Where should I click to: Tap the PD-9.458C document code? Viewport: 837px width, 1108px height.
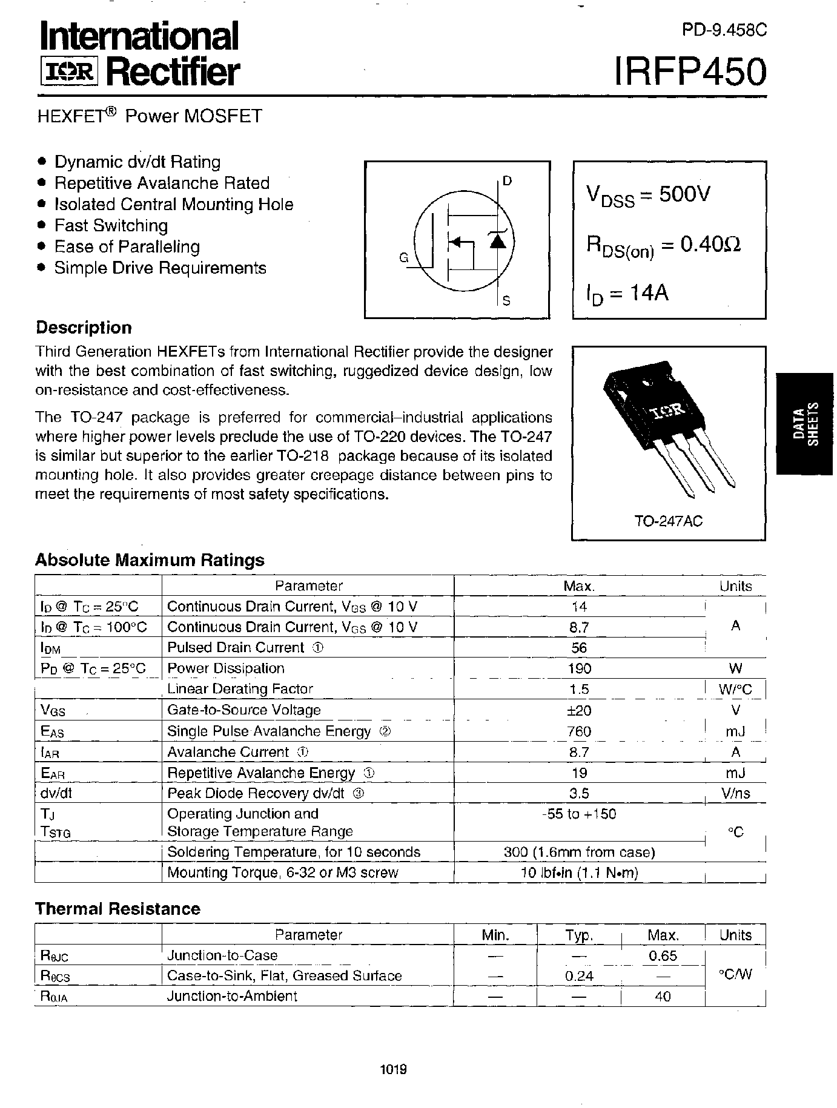pyautogui.click(x=724, y=30)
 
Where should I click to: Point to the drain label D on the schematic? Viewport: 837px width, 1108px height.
pyautogui.click(x=507, y=180)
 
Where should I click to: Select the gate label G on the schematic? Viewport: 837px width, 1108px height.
pyautogui.click(x=404, y=258)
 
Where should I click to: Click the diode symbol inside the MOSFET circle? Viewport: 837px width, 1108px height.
pyautogui.click(x=497, y=241)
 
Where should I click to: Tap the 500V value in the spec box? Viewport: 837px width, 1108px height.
pyautogui.click(x=684, y=194)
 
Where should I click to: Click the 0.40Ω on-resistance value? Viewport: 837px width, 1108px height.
pyautogui.click(x=710, y=244)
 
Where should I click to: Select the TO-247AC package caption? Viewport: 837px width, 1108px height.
pyautogui.click(x=668, y=521)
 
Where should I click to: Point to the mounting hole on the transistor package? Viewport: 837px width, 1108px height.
pyautogui.click(x=647, y=382)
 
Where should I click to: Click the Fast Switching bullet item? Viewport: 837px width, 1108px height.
pyautogui.click(x=111, y=226)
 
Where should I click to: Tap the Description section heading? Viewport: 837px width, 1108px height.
pyautogui.click(x=84, y=328)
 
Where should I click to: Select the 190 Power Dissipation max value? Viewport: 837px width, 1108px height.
pyautogui.click(x=580, y=668)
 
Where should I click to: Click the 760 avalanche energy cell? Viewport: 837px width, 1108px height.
pyautogui.click(x=580, y=731)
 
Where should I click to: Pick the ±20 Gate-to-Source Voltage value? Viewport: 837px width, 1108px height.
pyautogui.click(x=580, y=710)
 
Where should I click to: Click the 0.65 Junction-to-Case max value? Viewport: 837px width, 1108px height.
pyautogui.click(x=663, y=955)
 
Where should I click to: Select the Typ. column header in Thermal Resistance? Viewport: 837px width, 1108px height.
pyautogui.click(x=579, y=935)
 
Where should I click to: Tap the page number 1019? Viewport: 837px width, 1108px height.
pyautogui.click(x=394, y=1069)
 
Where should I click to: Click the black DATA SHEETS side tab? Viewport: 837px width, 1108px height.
pyautogui.click(x=806, y=423)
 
